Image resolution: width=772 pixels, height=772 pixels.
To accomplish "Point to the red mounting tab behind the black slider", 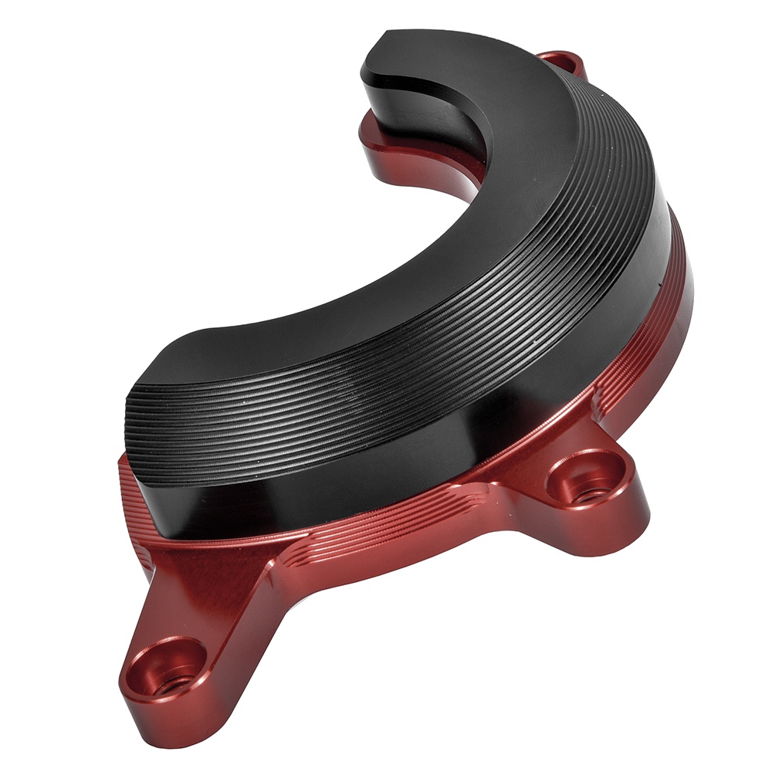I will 562,62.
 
